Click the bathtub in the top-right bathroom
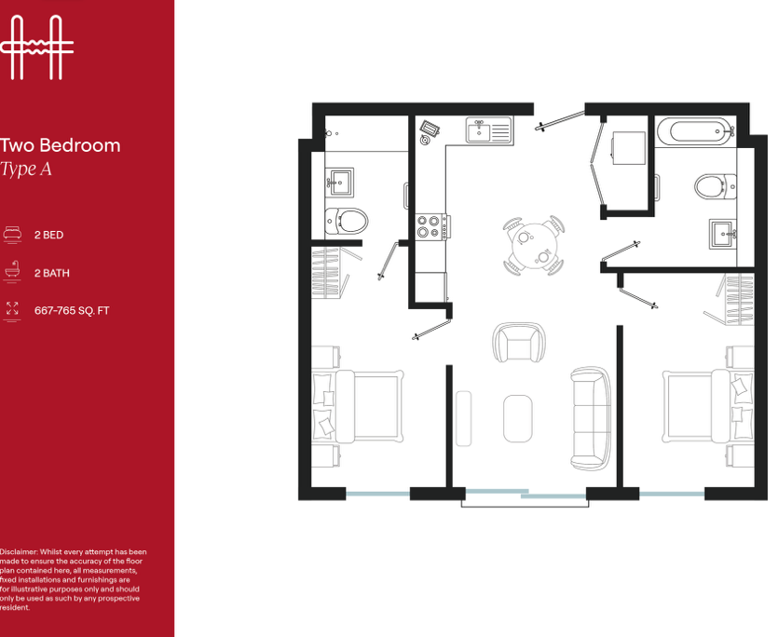pyautogui.click(x=695, y=131)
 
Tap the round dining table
pyautogui.click(x=534, y=246)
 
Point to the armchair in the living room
pyautogui.click(x=519, y=343)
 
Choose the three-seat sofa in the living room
pyautogui.click(x=591, y=418)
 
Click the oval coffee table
pyautogui.click(x=517, y=418)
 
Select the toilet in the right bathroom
pyautogui.click(x=715, y=186)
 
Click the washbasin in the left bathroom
pyautogui.click(x=339, y=183)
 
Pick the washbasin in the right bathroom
pyautogui.click(x=723, y=234)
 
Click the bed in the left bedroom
pyautogui.click(x=357, y=406)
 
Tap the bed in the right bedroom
pyautogui.click(x=708, y=406)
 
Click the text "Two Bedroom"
pyautogui.click(x=60, y=145)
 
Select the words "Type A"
pyautogui.click(x=26, y=169)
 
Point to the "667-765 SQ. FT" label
pyautogui.click(x=72, y=310)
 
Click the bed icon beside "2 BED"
pyautogui.click(x=12, y=234)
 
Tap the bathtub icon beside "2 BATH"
pyautogui.click(x=12, y=271)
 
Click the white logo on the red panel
pyautogui.click(x=36, y=47)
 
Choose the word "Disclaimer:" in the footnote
pyautogui.click(x=19, y=551)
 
